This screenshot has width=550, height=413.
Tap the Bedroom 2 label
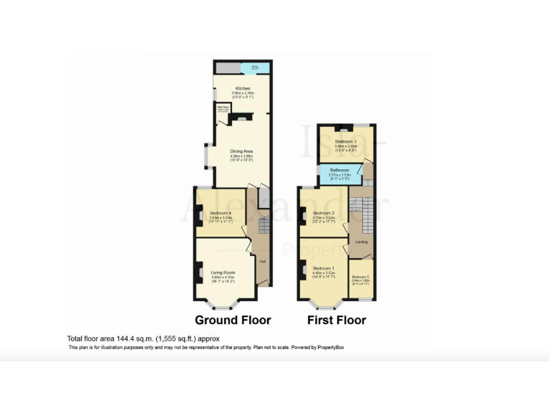(324, 213)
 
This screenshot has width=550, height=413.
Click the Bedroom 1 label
(324, 268)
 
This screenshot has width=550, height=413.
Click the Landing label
(362, 242)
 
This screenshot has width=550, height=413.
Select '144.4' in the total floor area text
(125, 338)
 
